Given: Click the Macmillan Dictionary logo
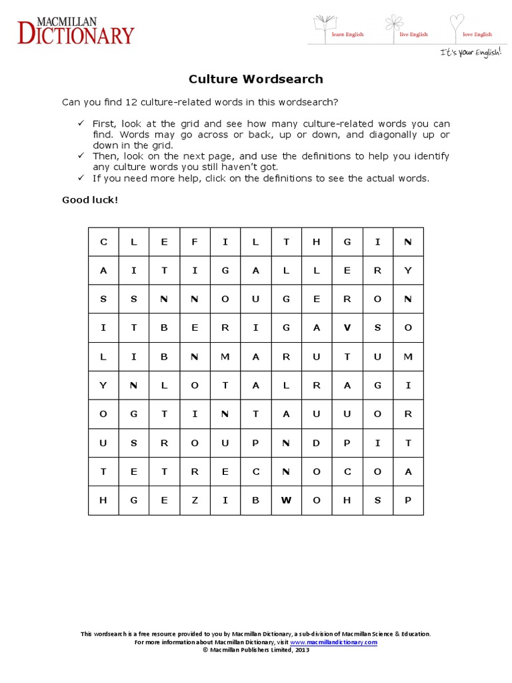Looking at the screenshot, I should click(75, 31).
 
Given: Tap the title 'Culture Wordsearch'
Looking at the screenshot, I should click(255, 79).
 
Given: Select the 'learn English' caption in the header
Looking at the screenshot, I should click(347, 35).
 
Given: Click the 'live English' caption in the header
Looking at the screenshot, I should click(413, 35).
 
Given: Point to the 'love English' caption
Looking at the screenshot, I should click(478, 35).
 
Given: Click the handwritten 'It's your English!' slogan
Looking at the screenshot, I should click(469, 52).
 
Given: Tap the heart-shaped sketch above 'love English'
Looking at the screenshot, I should click(456, 23).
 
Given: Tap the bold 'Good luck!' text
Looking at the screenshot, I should click(90, 199).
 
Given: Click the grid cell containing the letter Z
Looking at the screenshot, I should click(195, 500).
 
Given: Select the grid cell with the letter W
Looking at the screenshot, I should click(286, 500).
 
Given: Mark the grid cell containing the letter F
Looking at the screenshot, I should click(195, 242).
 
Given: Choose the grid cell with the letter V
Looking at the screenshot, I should click(347, 328).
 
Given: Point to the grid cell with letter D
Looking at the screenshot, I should click(317, 443).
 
